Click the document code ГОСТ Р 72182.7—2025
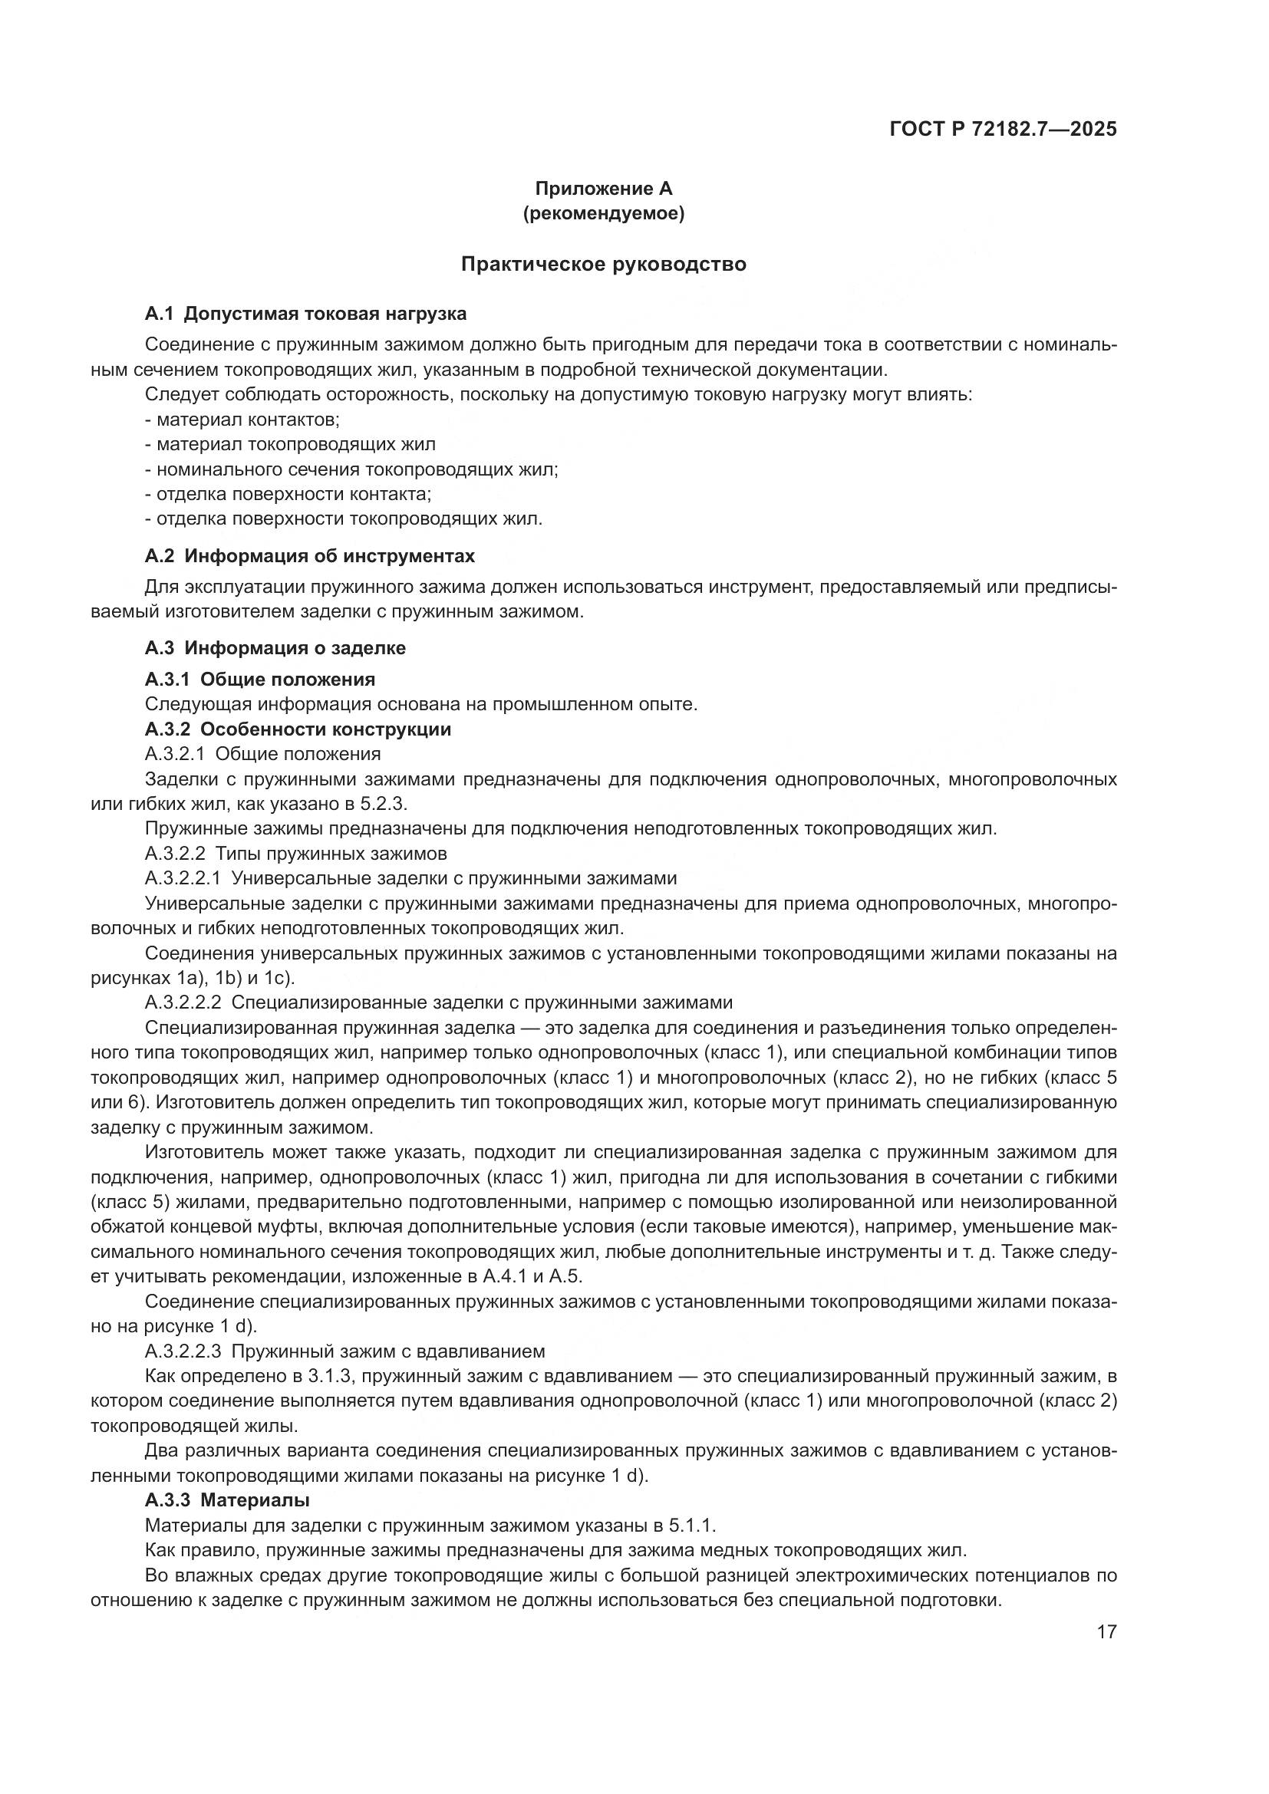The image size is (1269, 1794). click(1004, 130)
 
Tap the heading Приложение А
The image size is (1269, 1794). click(603, 189)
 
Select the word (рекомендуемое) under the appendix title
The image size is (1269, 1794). click(603, 213)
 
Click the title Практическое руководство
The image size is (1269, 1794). click(603, 264)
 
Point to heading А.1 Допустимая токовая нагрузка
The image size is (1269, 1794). click(305, 314)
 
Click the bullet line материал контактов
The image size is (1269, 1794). click(242, 420)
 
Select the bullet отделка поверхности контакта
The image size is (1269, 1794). click(288, 494)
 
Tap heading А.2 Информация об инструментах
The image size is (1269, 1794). click(309, 556)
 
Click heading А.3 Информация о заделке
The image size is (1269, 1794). click(275, 648)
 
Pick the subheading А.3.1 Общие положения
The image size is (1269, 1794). click(259, 679)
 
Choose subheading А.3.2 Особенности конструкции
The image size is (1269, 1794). click(298, 729)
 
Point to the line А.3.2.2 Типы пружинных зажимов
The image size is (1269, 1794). click(295, 853)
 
